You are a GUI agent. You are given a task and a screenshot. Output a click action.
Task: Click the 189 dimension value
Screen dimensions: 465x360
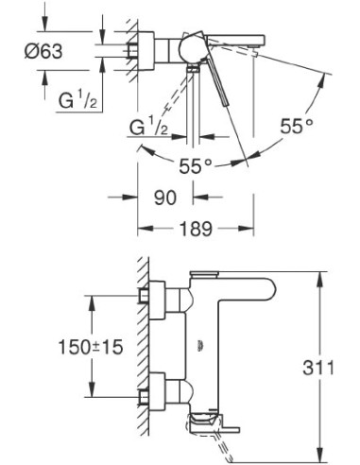(195, 229)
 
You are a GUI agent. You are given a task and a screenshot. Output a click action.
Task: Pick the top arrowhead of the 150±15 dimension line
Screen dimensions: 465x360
(92, 299)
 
